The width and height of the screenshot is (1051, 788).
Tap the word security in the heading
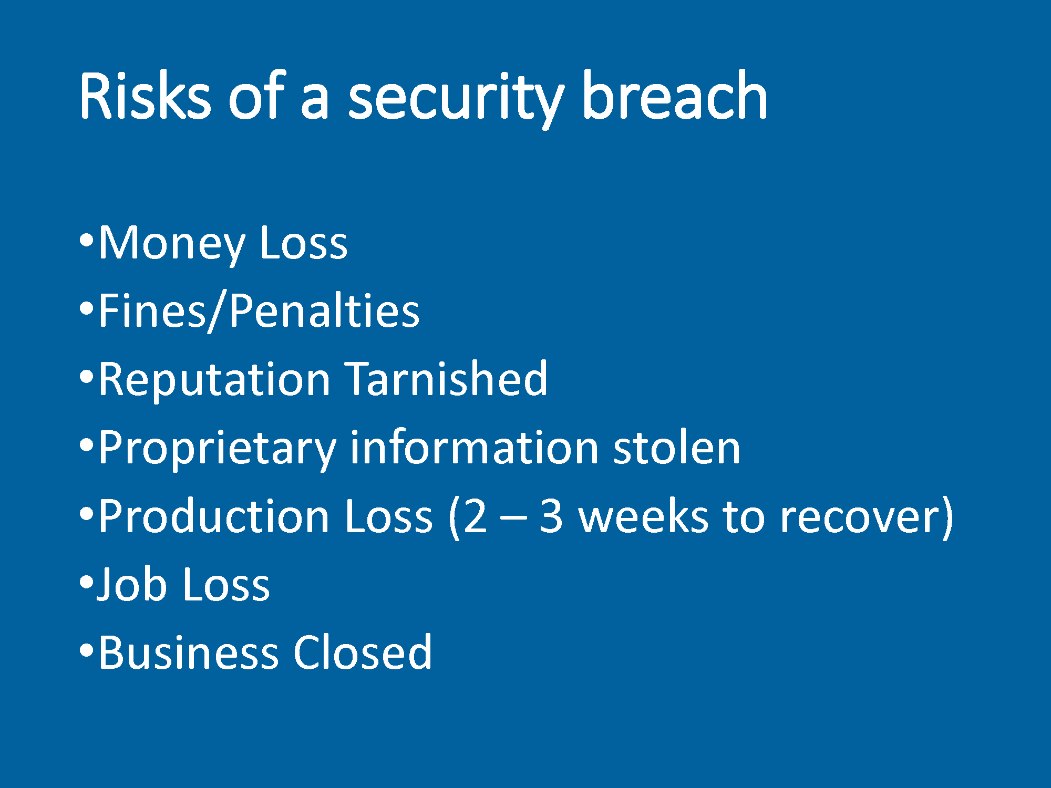456,100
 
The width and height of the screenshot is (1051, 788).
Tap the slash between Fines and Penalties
217,312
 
